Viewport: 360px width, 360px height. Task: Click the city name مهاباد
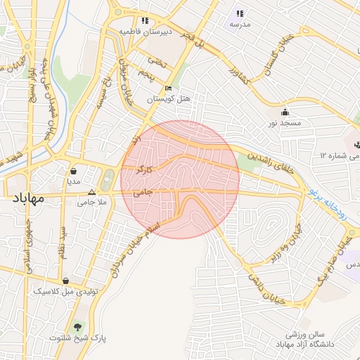pos(28,198)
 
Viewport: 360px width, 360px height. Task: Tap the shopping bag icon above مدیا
pos(74,170)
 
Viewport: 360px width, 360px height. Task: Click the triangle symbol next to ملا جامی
pos(91,192)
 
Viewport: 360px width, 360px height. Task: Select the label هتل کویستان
pos(169,99)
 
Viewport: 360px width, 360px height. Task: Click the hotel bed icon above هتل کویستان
pos(168,89)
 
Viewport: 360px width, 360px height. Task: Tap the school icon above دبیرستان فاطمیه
pos(145,21)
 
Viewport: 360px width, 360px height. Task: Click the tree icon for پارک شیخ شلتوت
pos(77,327)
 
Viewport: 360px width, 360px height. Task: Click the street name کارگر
pos(157,169)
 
